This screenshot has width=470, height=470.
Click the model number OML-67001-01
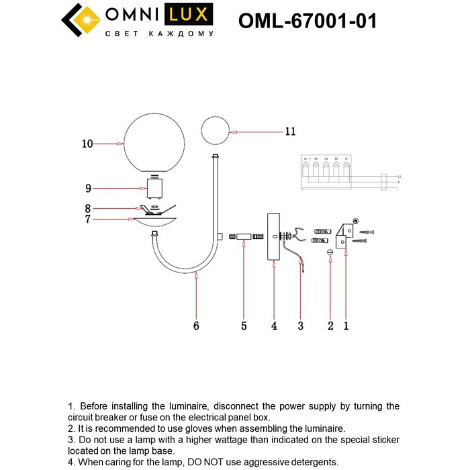click(308, 21)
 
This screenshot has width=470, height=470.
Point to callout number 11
click(289, 132)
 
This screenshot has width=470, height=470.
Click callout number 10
click(87, 144)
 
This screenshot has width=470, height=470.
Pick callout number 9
click(88, 189)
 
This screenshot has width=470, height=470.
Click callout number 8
click(88, 209)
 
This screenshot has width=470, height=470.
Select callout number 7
click(88, 219)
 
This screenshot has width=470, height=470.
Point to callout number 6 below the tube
click(196, 326)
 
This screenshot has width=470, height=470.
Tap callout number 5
click(244, 326)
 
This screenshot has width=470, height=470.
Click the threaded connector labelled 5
click(244, 236)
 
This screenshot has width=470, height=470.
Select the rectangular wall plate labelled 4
click(273, 236)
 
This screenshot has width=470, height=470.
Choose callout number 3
click(301, 326)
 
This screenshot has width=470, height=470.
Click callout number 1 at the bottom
click(346, 326)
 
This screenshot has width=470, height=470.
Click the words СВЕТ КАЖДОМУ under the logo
click(160, 34)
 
